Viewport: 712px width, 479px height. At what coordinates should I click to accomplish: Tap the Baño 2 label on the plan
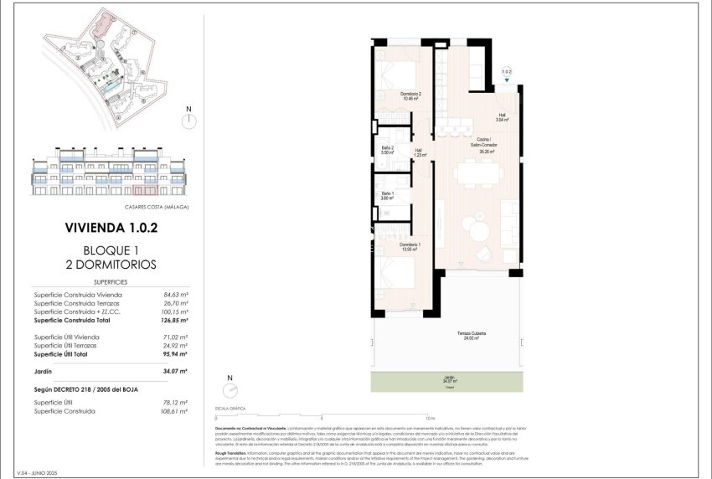(387, 151)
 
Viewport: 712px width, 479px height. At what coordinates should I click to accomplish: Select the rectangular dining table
(478, 174)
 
